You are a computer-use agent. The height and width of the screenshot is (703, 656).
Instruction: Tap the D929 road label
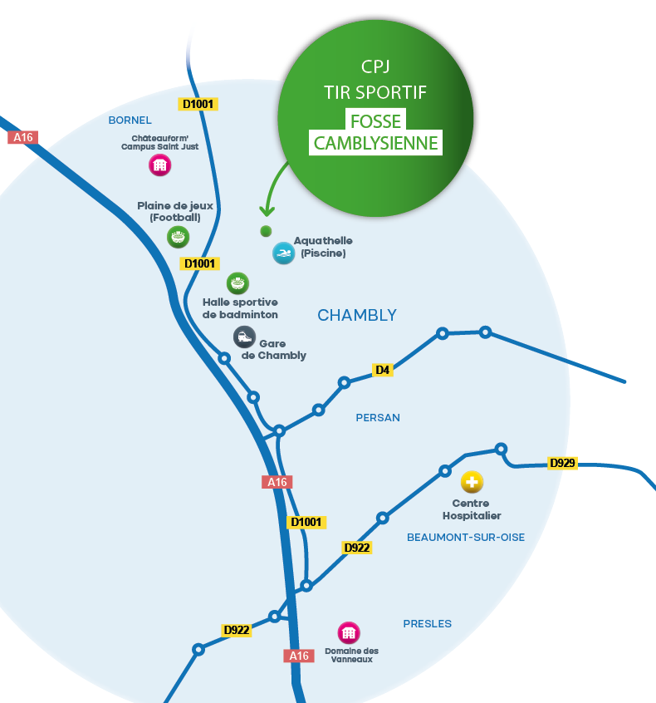(562, 463)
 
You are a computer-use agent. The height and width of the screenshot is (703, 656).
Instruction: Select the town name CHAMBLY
(357, 316)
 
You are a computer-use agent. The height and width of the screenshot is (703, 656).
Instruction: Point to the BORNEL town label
(130, 120)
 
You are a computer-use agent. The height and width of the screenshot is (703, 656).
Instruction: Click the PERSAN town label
(378, 418)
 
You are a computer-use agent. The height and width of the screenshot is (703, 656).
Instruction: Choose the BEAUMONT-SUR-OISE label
(466, 538)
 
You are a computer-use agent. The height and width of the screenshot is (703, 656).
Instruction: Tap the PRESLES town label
(428, 624)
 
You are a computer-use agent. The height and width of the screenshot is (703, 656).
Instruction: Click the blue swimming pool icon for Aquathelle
(283, 253)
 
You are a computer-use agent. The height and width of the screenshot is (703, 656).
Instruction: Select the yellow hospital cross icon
(472, 482)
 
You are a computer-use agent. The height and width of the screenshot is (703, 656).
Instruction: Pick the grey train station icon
(244, 337)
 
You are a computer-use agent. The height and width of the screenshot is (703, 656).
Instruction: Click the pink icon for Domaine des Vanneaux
(348, 633)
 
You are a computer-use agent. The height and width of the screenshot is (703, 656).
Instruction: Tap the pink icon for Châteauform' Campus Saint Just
(159, 165)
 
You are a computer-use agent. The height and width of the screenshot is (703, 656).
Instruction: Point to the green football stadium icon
(178, 237)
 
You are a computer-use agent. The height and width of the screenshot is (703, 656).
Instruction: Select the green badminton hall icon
(238, 283)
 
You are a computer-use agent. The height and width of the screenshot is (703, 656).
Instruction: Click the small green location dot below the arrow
(266, 231)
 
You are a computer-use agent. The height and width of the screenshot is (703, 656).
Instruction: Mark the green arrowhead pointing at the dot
(267, 211)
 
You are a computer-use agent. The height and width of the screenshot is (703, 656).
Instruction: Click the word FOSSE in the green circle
(375, 121)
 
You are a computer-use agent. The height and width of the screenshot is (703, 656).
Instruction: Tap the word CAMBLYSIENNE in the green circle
(375, 143)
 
